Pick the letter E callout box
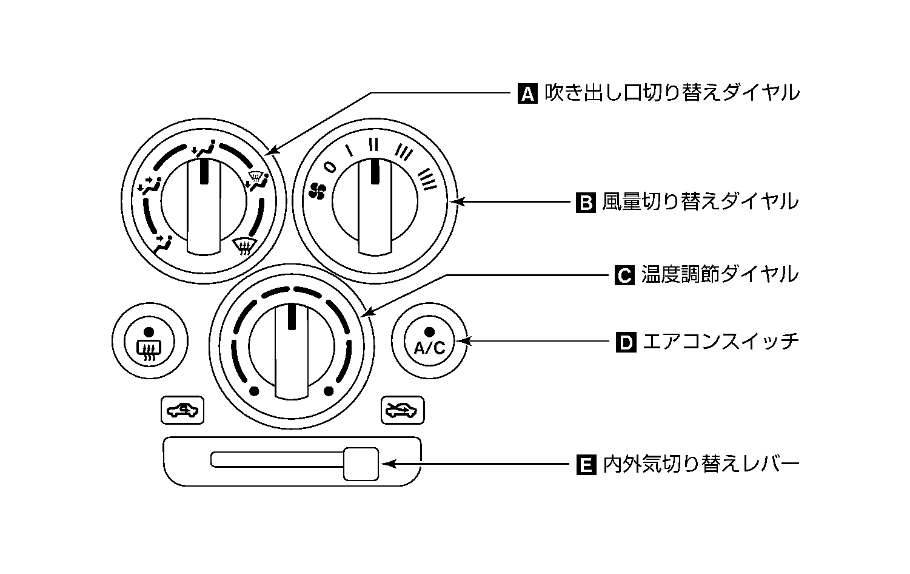(586, 466)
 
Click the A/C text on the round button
(429, 348)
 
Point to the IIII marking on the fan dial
(427, 179)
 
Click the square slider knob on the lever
(361, 464)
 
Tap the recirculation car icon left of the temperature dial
(182, 411)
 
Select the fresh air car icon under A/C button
(403, 411)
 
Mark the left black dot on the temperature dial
(254, 390)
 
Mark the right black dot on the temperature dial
(329, 390)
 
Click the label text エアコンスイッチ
(720, 342)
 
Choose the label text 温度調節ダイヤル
(720, 275)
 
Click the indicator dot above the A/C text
(429, 331)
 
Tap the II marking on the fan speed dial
(374, 144)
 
